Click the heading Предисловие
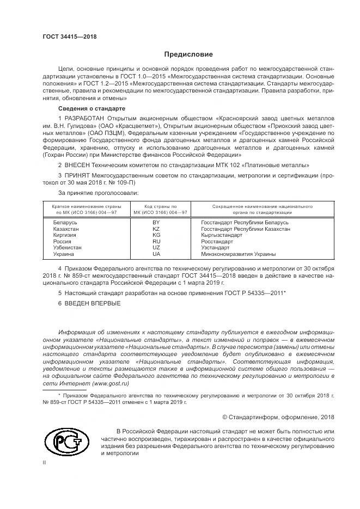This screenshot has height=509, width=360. tap(188, 54)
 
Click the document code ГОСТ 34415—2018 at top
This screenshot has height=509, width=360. tap(69, 36)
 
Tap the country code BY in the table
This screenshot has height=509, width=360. tap(156, 223)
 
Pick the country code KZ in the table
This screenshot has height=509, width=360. tap(156, 229)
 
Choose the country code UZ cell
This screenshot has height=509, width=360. tap(156, 247)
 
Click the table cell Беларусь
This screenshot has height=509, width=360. tap(65, 223)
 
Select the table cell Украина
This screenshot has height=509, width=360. tap(64, 254)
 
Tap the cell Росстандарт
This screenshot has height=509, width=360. tap(217, 241)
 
